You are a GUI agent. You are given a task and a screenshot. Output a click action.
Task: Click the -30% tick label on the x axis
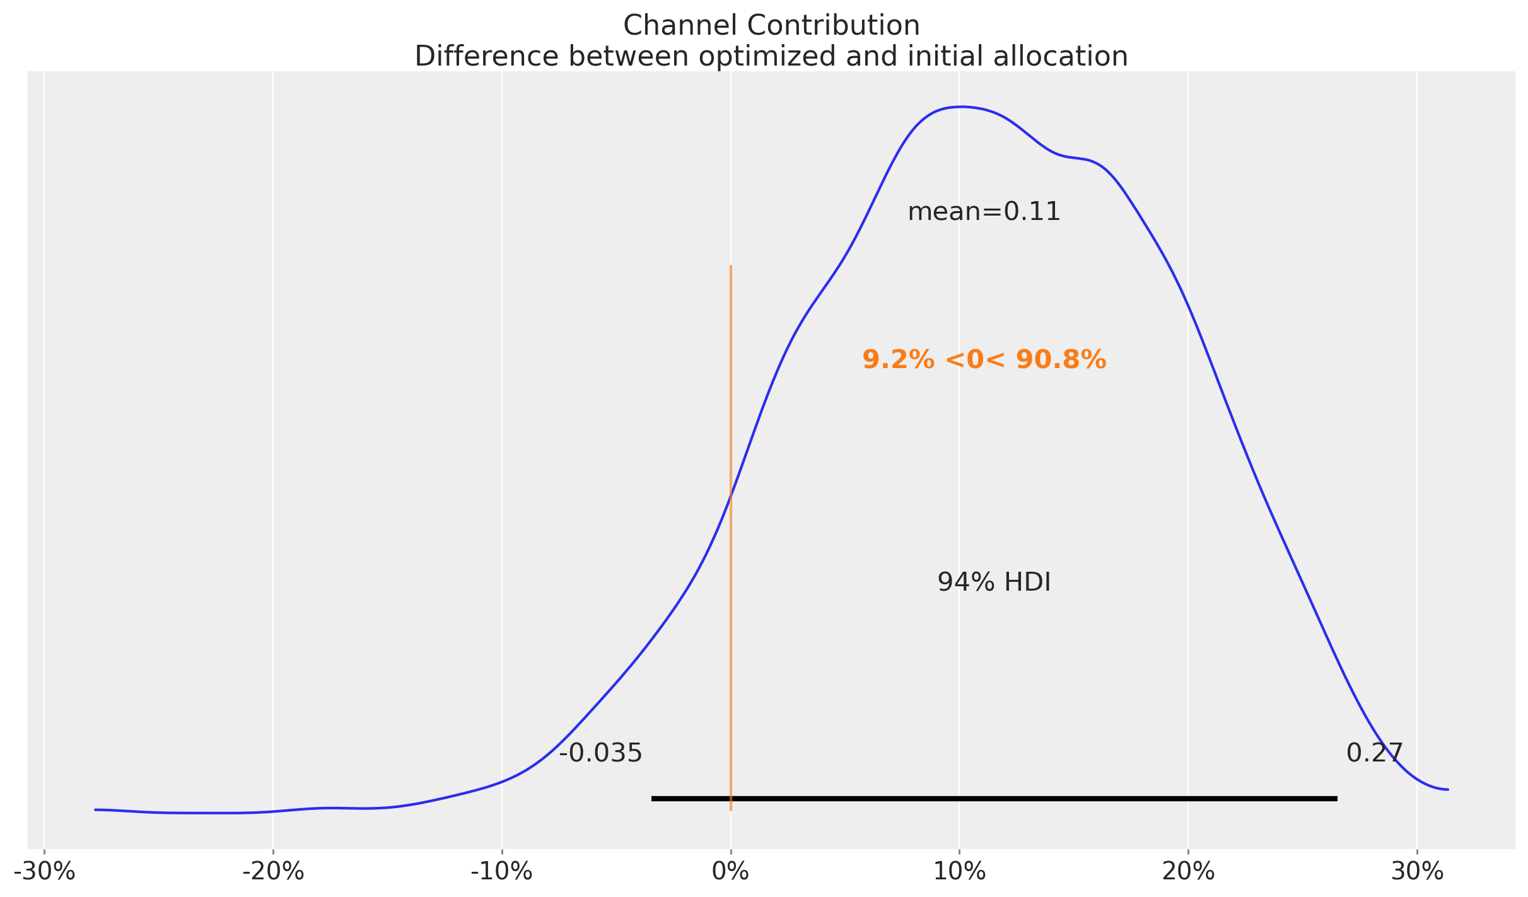(44, 872)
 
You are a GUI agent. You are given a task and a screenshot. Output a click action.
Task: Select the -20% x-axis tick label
(273, 872)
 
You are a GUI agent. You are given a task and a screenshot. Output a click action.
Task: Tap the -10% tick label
(502, 872)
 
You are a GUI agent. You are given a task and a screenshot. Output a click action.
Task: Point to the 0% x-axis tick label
(730, 872)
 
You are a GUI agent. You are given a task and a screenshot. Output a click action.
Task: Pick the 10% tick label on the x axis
(959, 872)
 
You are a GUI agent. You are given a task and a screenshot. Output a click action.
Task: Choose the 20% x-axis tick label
(1188, 872)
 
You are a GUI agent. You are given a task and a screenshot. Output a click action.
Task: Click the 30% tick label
(1416, 872)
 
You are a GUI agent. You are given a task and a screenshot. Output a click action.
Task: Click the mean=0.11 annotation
(984, 212)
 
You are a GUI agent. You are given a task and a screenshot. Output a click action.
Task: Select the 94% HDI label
(994, 582)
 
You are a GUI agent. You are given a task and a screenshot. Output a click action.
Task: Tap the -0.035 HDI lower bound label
(600, 753)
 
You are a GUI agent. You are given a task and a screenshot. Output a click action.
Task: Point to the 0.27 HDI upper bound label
(1375, 753)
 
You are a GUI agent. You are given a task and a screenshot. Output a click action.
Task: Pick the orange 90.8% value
(1061, 360)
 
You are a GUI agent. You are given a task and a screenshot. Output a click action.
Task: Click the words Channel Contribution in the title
(771, 26)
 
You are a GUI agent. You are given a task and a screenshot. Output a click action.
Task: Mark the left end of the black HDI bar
(652, 799)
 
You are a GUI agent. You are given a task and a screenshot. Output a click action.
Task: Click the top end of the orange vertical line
(730, 266)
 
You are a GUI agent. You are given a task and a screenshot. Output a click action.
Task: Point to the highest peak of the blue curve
(959, 107)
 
